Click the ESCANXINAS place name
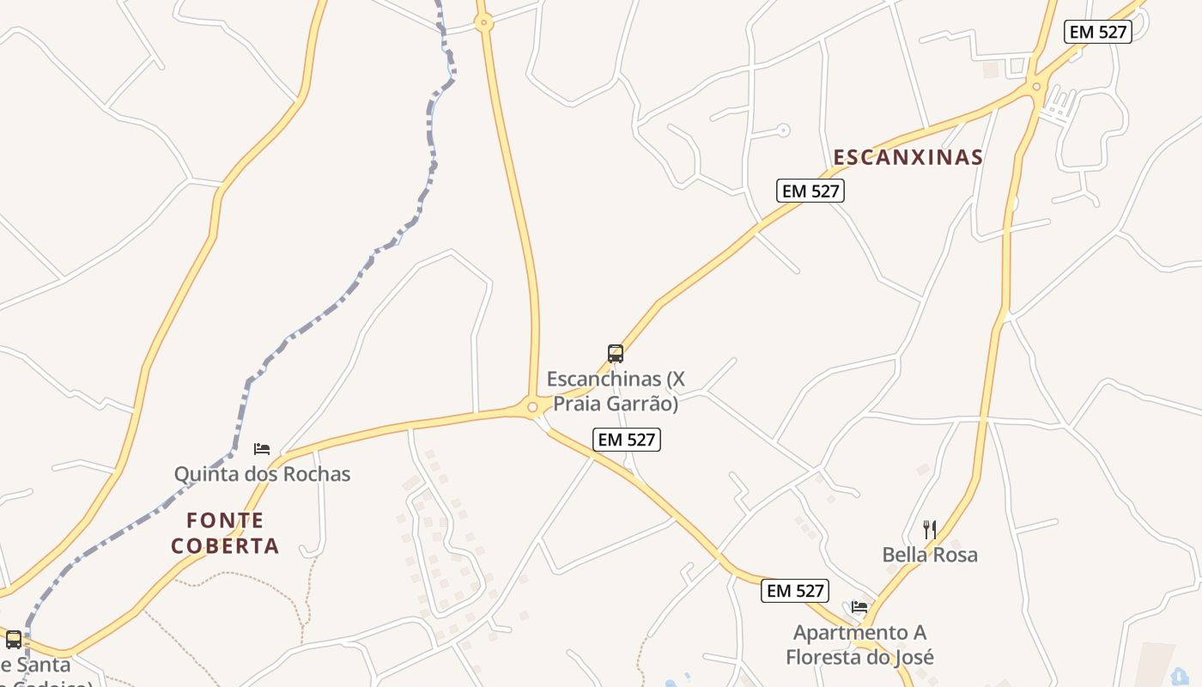(908, 157)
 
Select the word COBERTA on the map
(225, 546)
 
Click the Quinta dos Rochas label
(262, 474)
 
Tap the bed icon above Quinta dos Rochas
(262, 449)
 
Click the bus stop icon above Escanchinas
(616, 354)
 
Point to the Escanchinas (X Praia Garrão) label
(616, 391)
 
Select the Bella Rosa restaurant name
(930, 555)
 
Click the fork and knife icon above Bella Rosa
(929, 529)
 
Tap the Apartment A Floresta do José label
(860, 645)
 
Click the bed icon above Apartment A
(859, 607)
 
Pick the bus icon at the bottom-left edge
(14, 640)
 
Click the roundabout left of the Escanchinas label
(532, 407)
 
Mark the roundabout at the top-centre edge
(483, 23)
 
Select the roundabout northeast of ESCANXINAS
(1037, 87)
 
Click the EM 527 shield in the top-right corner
(1097, 32)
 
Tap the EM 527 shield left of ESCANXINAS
(810, 191)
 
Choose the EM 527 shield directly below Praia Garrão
(627, 440)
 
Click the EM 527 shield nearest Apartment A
(795, 591)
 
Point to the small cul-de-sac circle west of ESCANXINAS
(783, 131)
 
